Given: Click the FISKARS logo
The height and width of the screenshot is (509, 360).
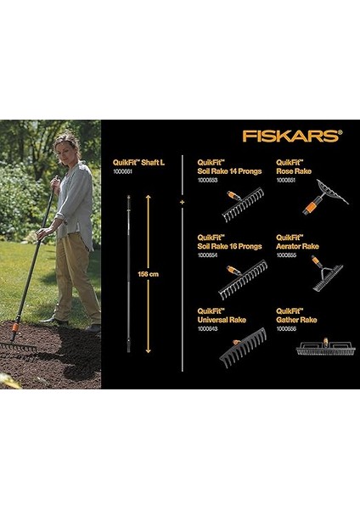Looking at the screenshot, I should coord(291,135).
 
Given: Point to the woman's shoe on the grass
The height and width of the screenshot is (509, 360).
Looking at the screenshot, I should coord(53,321).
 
